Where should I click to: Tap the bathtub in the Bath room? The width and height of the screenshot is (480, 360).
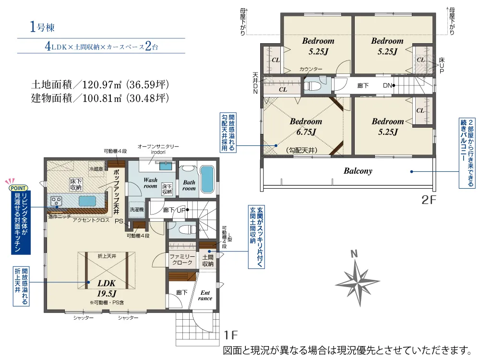click(x=207, y=179)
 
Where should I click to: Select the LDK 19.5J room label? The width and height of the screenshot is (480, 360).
click(x=107, y=288)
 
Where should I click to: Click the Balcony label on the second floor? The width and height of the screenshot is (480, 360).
click(x=358, y=171)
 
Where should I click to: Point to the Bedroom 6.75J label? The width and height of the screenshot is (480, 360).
click(x=306, y=126)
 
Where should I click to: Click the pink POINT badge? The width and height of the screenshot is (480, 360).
click(x=18, y=188)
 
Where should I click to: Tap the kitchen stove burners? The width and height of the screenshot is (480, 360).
click(x=56, y=201)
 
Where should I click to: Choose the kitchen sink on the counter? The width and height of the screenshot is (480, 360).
click(x=87, y=201)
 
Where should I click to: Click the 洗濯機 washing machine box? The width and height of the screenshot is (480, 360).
click(x=136, y=210)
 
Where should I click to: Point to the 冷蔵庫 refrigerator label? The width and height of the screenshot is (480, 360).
click(x=96, y=168)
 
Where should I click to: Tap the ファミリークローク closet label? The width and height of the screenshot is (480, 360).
click(x=182, y=260)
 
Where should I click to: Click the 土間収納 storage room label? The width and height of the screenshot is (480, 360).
click(x=208, y=261)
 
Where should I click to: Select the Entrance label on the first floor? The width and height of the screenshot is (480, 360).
click(x=205, y=295)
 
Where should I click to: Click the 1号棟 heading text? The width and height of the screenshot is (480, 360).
click(x=42, y=27)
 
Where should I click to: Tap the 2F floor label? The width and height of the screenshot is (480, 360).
click(x=428, y=200)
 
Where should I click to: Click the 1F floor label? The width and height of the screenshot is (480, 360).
click(x=230, y=335)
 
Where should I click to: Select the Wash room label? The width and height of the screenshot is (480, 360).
click(x=150, y=183)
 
